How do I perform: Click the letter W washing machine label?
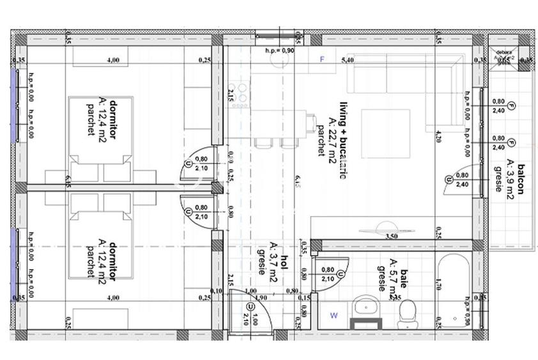[x=334, y=315]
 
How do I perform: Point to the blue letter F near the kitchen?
[x=323, y=59]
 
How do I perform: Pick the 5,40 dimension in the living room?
[x=348, y=60]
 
